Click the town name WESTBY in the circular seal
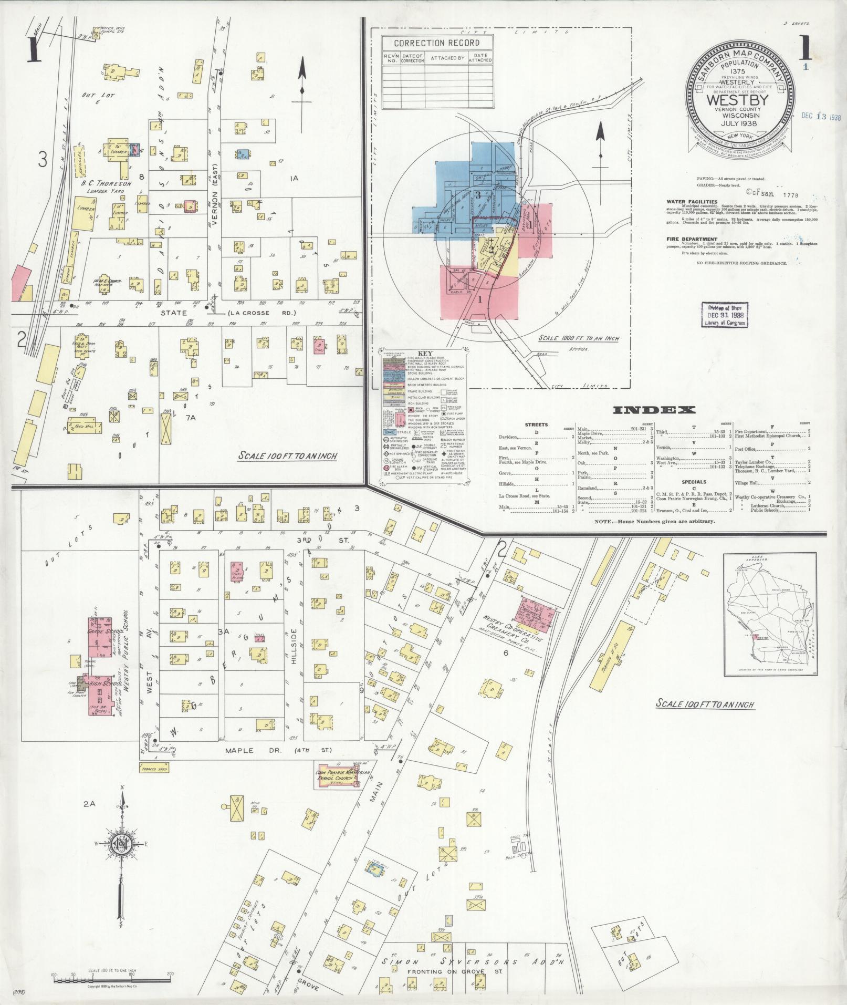coord(737,100)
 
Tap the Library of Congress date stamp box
coord(725,315)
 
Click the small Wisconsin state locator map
coord(770,615)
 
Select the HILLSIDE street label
coord(294,646)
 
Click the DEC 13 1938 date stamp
coord(821,117)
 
